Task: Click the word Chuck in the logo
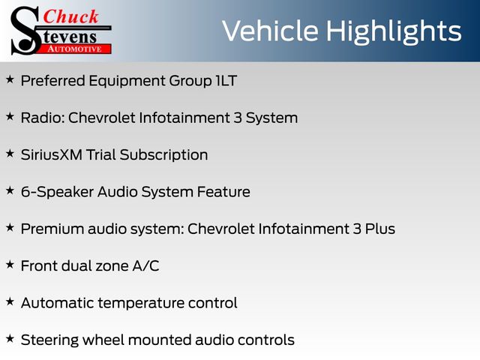[70, 16]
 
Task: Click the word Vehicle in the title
[270, 31]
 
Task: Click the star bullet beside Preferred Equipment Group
[10, 79]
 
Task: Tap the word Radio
[43, 118]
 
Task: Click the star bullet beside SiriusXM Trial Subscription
[10, 153]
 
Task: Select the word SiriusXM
[52, 154]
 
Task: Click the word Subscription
[163, 155]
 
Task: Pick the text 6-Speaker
[57, 193]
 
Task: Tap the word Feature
[223, 192]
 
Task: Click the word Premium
[52, 229]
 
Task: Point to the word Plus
[380, 229]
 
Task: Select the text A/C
[145, 265]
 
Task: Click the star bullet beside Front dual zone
[10, 265]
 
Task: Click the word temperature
[141, 304]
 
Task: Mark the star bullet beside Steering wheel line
[10, 338]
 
